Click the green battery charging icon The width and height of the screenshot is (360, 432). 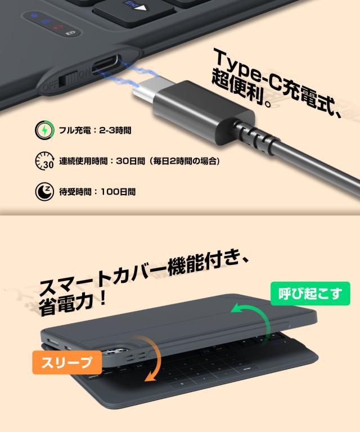(x=45, y=130)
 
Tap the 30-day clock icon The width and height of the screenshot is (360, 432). (x=45, y=161)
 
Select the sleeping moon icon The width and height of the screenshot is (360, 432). (x=45, y=191)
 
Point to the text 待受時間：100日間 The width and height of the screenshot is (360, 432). (x=97, y=191)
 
